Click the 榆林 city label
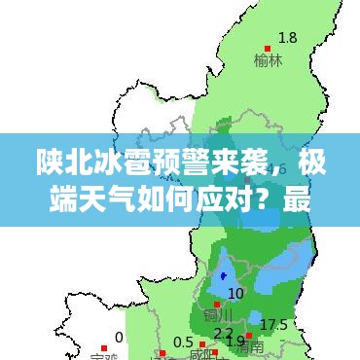tap(270, 59)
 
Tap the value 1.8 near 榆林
tap(288, 38)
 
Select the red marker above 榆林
tap(268, 48)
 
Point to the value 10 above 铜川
tap(235, 293)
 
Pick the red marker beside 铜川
tap(216, 304)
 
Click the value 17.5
tap(273, 324)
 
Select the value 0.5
tap(183, 342)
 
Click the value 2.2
tap(223, 334)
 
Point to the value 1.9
tap(234, 342)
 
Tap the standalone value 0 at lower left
tap(119, 337)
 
